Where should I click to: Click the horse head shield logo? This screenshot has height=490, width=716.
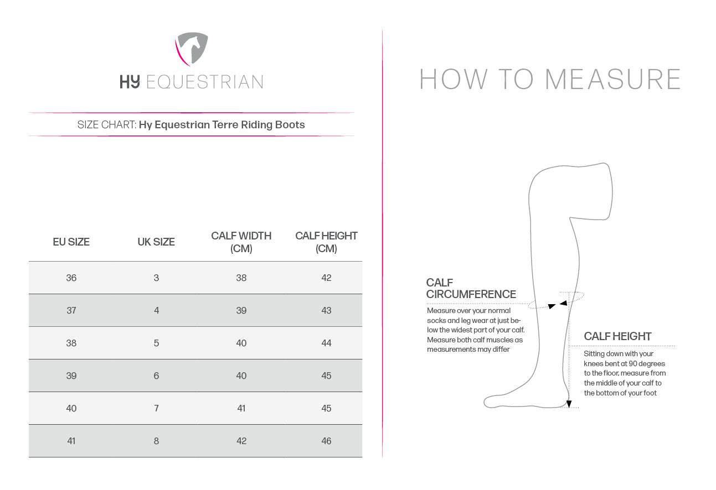pyautogui.click(x=192, y=49)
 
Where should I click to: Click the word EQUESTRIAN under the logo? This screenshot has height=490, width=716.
pyautogui.click(x=204, y=82)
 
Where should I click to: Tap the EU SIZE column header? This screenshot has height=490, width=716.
pyautogui.click(x=71, y=242)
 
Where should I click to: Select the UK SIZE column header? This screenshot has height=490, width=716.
pyautogui.click(x=156, y=242)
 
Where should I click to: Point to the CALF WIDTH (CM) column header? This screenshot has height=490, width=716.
pyautogui.click(x=241, y=242)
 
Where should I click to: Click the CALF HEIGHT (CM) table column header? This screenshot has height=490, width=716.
pyautogui.click(x=326, y=242)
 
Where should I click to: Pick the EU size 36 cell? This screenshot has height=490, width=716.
pyautogui.click(x=71, y=278)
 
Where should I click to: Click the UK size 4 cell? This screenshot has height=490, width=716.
pyautogui.click(x=156, y=310)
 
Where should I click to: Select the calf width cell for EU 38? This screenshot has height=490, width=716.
pyautogui.click(x=241, y=343)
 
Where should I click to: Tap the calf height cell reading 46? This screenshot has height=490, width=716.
pyautogui.click(x=326, y=441)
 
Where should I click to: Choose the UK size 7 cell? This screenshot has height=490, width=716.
pyautogui.click(x=156, y=408)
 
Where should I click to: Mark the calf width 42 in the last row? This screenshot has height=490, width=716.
pyautogui.click(x=241, y=441)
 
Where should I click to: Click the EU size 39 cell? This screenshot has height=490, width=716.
pyautogui.click(x=71, y=376)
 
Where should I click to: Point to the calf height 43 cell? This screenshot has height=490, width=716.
pyautogui.click(x=326, y=310)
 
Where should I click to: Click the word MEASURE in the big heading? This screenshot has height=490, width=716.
pyautogui.click(x=612, y=79)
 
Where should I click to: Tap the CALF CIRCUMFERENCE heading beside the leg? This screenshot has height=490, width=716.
pyautogui.click(x=471, y=288)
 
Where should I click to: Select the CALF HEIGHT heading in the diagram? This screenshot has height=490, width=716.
pyautogui.click(x=617, y=336)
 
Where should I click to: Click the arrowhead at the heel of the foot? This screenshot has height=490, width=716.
pyautogui.click(x=569, y=404)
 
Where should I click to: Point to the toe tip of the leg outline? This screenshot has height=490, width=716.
pyautogui.click(x=485, y=402)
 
